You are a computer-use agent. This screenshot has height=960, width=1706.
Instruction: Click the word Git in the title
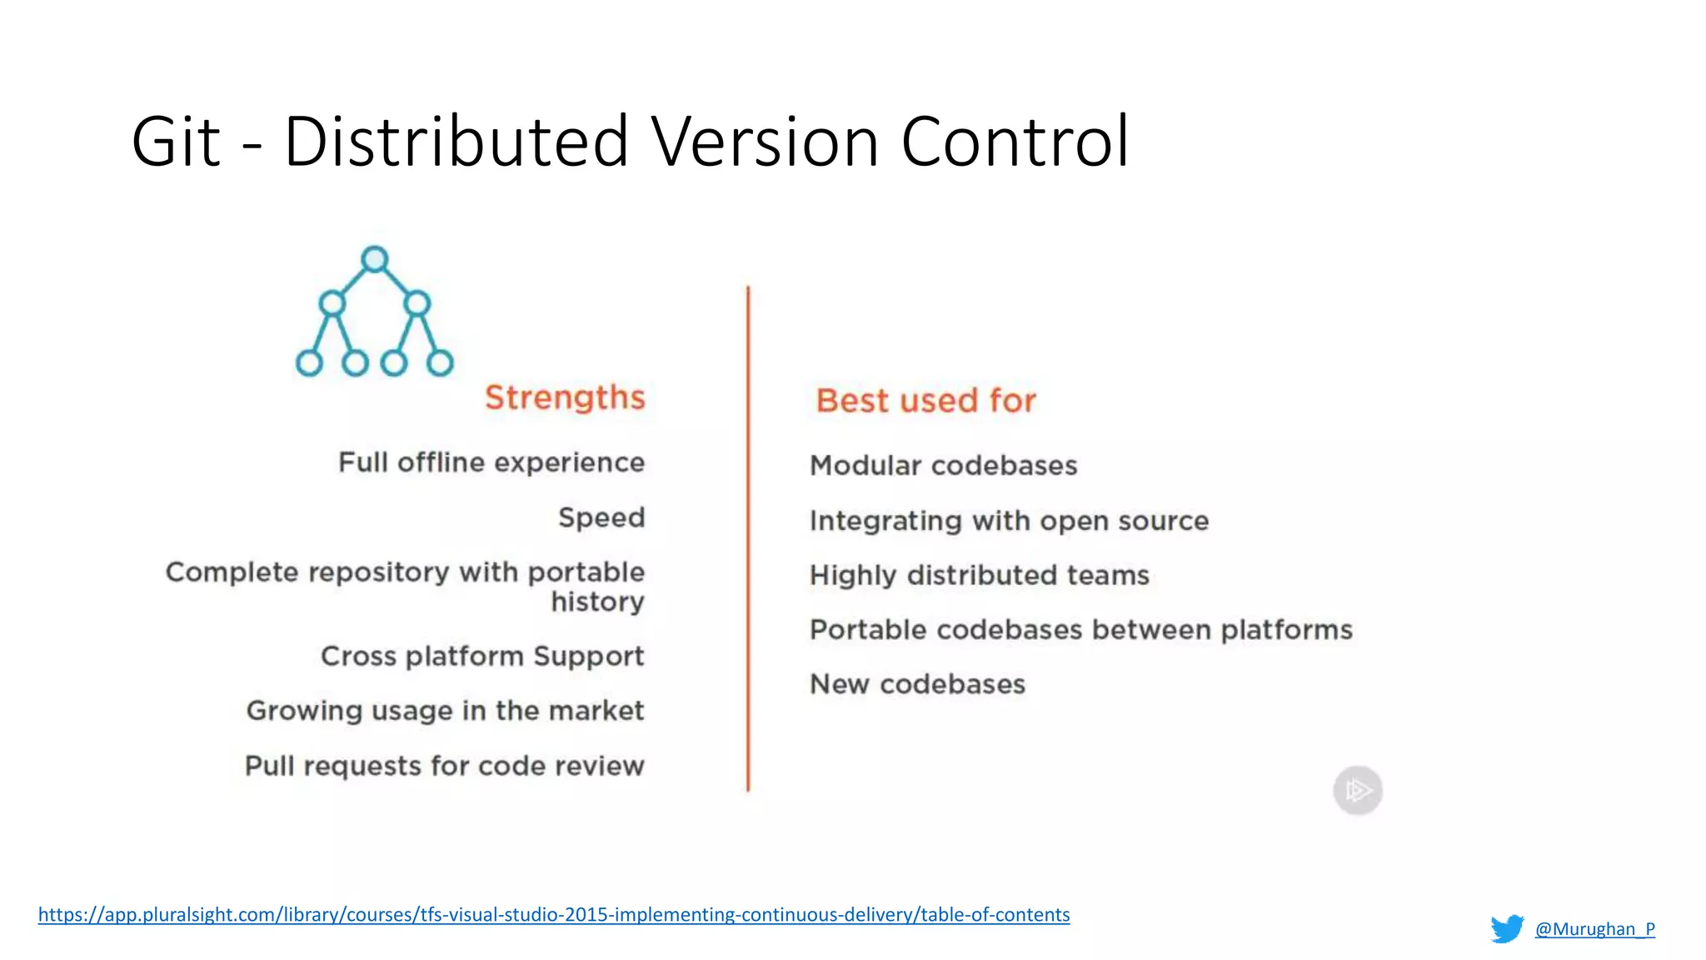click(176, 142)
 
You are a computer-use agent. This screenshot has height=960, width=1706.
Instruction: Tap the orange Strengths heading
click(565, 397)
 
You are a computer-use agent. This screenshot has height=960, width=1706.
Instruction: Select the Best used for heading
click(925, 401)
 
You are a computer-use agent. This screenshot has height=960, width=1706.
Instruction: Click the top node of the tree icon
click(375, 259)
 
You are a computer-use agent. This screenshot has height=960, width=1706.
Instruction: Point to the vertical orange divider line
click(748, 538)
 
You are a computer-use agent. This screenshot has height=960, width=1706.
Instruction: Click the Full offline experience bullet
click(491, 462)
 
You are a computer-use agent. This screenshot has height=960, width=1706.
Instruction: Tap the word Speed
click(601, 517)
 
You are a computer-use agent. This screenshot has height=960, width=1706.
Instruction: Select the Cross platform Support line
click(482, 657)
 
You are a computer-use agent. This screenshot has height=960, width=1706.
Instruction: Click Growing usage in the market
click(445, 711)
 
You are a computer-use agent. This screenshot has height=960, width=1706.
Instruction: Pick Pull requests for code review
click(444, 766)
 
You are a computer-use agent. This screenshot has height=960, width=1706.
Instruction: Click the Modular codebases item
click(943, 466)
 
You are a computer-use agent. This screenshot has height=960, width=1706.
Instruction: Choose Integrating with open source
click(1009, 521)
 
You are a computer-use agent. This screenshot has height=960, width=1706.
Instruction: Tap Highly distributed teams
click(979, 575)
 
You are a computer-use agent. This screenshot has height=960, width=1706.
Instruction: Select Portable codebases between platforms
click(1080, 630)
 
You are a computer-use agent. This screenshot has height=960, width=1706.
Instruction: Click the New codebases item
click(917, 684)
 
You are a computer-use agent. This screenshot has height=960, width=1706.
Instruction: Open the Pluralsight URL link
click(554, 914)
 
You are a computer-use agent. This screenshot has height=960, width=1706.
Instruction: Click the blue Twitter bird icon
click(1507, 928)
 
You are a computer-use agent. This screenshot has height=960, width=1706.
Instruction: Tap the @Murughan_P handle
click(1594, 928)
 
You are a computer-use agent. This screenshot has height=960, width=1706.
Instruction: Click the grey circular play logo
click(1358, 790)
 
